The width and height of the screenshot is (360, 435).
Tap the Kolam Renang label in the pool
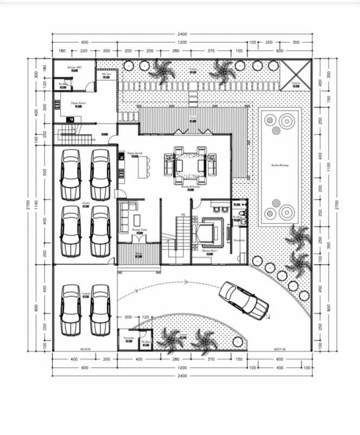[279, 165]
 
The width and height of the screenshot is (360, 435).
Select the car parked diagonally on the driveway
[244, 300]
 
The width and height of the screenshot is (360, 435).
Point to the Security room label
[128, 337]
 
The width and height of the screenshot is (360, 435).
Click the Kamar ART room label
[75, 67]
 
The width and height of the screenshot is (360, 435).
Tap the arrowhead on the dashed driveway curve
[186, 281]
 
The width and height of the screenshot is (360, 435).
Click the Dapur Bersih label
[134, 153]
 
